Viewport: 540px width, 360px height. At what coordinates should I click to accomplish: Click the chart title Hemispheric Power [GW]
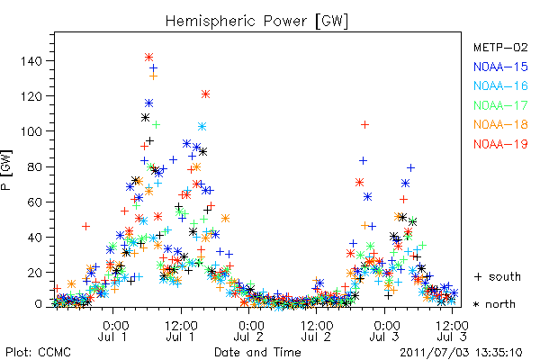pyautogui.click(x=256, y=22)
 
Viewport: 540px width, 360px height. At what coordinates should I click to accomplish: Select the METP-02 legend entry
pyautogui.click(x=500, y=47)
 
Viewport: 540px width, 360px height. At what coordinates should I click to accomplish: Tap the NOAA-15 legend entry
pyautogui.click(x=500, y=67)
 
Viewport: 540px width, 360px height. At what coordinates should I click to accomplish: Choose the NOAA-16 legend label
pyautogui.click(x=500, y=85)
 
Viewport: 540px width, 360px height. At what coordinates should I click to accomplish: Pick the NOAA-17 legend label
pyautogui.click(x=500, y=105)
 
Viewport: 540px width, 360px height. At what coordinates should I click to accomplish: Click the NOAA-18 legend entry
pyautogui.click(x=500, y=124)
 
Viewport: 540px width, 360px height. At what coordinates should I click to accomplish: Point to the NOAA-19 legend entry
pyautogui.click(x=500, y=144)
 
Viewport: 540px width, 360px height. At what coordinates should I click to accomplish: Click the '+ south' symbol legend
pyautogui.click(x=498, y=276)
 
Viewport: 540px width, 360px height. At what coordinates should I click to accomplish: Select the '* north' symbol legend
pyautogui.click(x=494, y=304)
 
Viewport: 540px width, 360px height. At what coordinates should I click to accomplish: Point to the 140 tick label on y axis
pyautogui.click(x=31, y=61)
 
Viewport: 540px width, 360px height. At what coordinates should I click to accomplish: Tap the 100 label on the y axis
pyautogui.click(x=31, y=131)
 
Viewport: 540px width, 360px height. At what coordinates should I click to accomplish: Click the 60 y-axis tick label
pyautogui.click(x=35, y=202)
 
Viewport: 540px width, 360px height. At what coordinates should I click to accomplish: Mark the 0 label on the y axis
pyautogui.click(x=38, y=304)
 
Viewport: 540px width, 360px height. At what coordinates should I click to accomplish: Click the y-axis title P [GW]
pyautogui.click(x=6, y=170)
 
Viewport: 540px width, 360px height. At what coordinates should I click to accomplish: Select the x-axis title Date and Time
pyautogui.click(x=257, y=352)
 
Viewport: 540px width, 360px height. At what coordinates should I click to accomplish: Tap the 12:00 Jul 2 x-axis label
pyautogui.click(x=317, y=330)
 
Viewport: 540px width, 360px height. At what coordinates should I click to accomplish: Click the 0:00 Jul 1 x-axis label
pyautogui.click(x=113, y=330)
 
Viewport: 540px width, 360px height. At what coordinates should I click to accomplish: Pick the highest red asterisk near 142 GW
pyautogui.click(x=148, y=57)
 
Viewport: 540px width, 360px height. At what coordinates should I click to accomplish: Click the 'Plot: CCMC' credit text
pyautogui.click(x=38, y=352)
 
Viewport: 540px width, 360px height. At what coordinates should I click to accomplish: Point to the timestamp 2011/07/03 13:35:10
pyautogui.click(x=461, y=353)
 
